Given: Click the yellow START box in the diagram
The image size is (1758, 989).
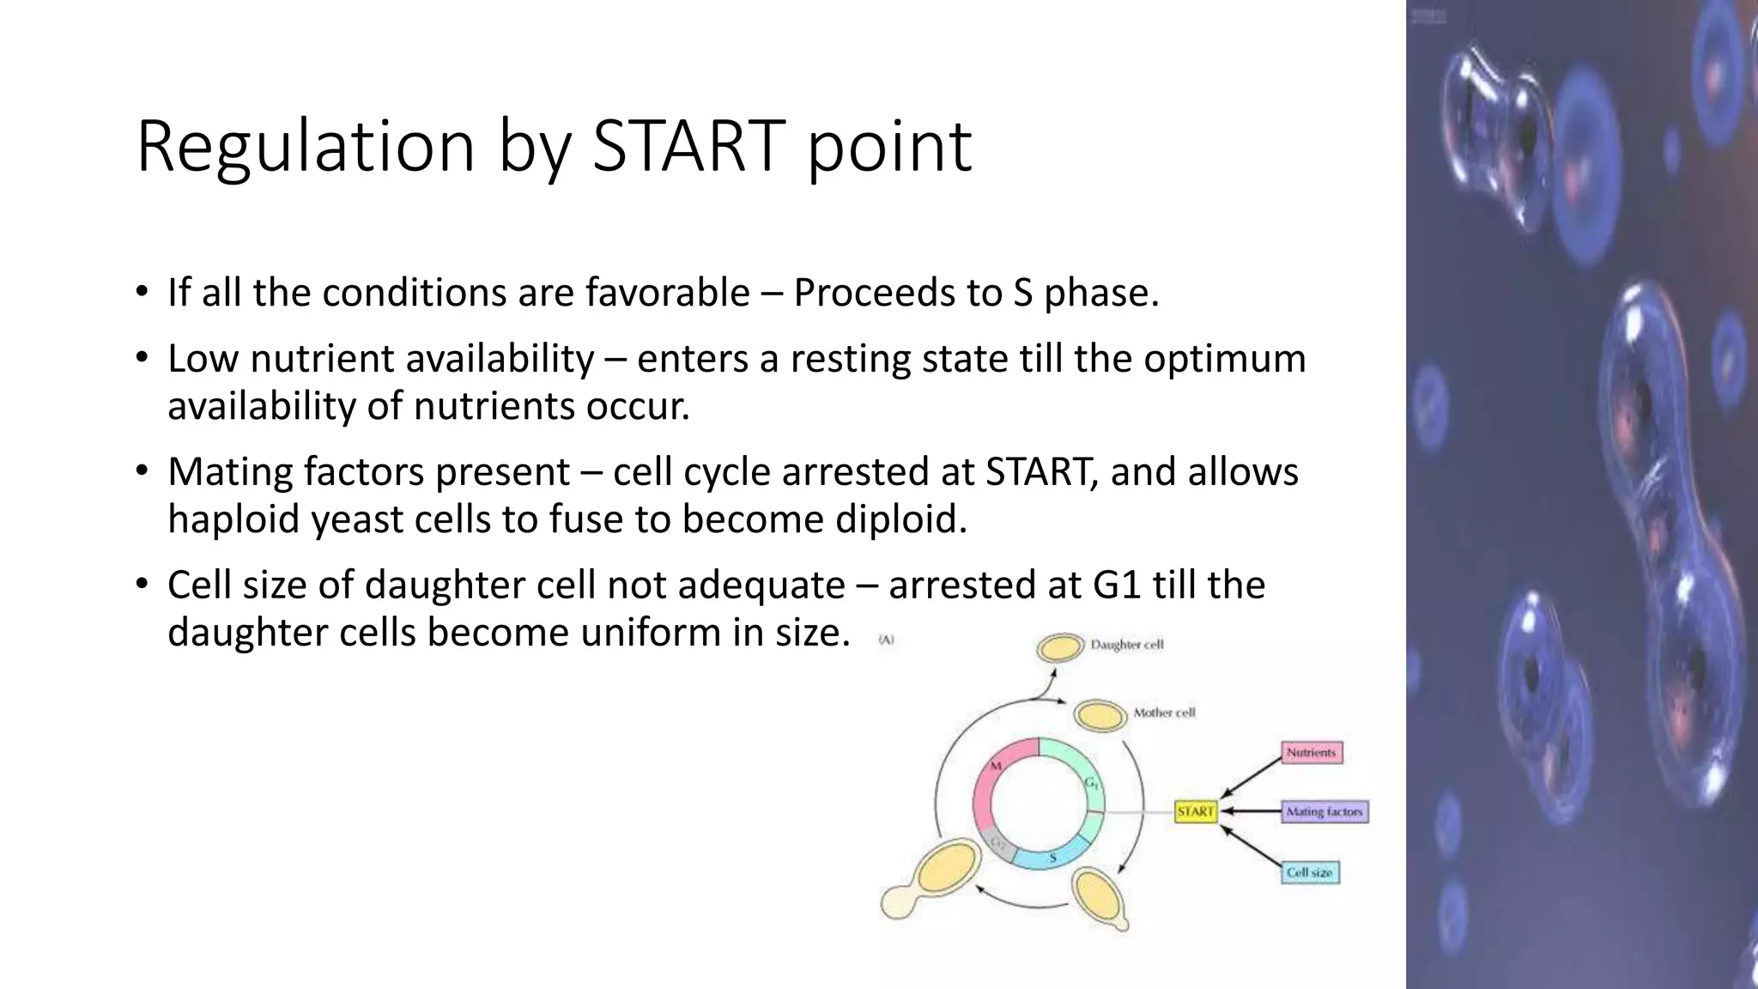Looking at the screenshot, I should pyautogui.click(x=1196, y=811).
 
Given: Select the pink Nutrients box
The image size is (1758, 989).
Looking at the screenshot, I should pyautogui.click(x=1311, y=753).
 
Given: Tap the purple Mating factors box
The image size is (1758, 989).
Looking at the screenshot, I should pyautogui.click(x=1324, y=811).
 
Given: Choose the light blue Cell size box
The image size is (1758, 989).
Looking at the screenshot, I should pyautogui.click(x=1309, y=872).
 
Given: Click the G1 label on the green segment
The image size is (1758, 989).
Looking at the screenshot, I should pyautogui.click(x=1091, y=783).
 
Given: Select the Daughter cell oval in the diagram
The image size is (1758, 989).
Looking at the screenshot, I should pyautogui.click(x=1060, y=647).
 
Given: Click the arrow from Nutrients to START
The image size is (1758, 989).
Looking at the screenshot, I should pyautogui.click(x=1251, y=776).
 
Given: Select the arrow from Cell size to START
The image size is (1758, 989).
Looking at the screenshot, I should pyautogui.click(x=1251, y=846).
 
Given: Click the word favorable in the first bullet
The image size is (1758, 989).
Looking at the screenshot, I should pyautogui.click(x=667, y=293).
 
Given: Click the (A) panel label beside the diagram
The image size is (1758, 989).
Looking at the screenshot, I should pyautogui.click(x=887, y=640).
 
